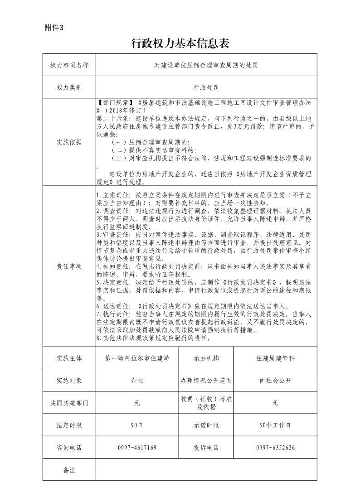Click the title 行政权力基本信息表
[x=180, y=43]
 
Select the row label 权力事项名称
[x=69, y=65]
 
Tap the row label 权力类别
[x=69, y=87]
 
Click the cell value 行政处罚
[x=206, y=87]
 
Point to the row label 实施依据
[x=69, y=142]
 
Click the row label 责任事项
[x=69, y=266]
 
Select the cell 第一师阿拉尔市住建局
[x=137, y=358]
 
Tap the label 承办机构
[x=206, y=358]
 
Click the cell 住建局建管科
[x=275, y=358]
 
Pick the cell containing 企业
[x=137, y=381]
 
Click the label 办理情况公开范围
[x=206, y=381]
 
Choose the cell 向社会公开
[x=275, y=381]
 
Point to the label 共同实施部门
[x=69, y=403]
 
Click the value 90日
[x=137, y=425]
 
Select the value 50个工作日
[x=275, y=425]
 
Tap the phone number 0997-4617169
[x=137, y=448]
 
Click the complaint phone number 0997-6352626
[x=275, y=448]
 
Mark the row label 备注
[x=69, y=470]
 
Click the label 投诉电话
[x=206, y=448]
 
